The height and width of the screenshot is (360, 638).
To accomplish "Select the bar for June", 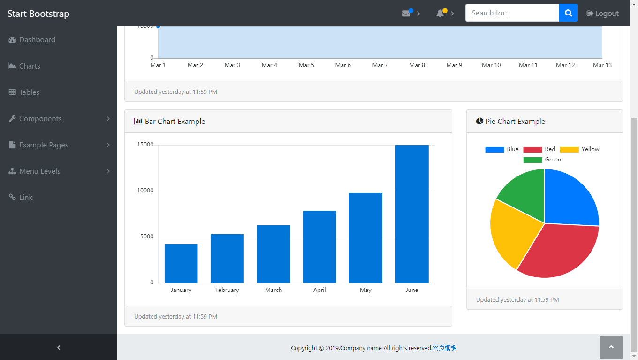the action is point(412,214).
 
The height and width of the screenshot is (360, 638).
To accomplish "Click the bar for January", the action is point(181,263).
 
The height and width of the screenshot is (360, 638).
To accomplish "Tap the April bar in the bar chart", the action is point(319,247).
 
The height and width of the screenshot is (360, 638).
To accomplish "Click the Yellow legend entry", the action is point(579,149).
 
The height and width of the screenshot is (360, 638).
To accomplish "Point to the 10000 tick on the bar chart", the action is point(145,191).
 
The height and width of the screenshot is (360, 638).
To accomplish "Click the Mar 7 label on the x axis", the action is point(380,65).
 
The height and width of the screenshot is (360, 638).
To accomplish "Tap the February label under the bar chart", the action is point(227,290).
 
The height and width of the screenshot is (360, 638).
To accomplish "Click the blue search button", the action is point(568,13).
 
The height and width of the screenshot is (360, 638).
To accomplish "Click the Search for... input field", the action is point(512,13).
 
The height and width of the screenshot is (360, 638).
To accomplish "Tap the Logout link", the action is point(603,14).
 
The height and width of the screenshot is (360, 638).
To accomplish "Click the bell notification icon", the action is point(441,13).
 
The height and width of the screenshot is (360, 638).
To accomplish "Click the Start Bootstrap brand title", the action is point(38,14).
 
